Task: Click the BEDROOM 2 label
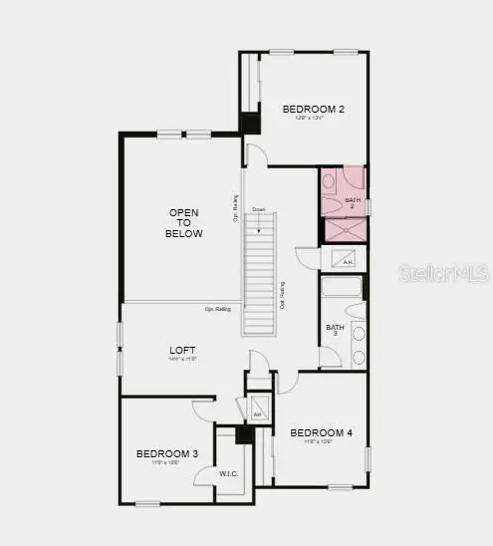click(x=313, y=110)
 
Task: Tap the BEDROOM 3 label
click(x=167, y=454)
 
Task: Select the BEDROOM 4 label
click(x=321, y=432)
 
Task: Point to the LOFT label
click(x=182, y=350)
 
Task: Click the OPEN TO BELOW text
click(x=184, y=224)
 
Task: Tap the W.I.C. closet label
click(x=229, y=473)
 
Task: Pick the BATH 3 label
click(x=335, y=330)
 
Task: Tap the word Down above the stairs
click(x=258, y=209)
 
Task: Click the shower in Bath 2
click(x=344, y=229)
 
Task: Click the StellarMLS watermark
click(x=443, y=272)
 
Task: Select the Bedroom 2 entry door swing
click(x=256, y=155)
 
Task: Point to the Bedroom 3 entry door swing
click(x=203, y=408)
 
